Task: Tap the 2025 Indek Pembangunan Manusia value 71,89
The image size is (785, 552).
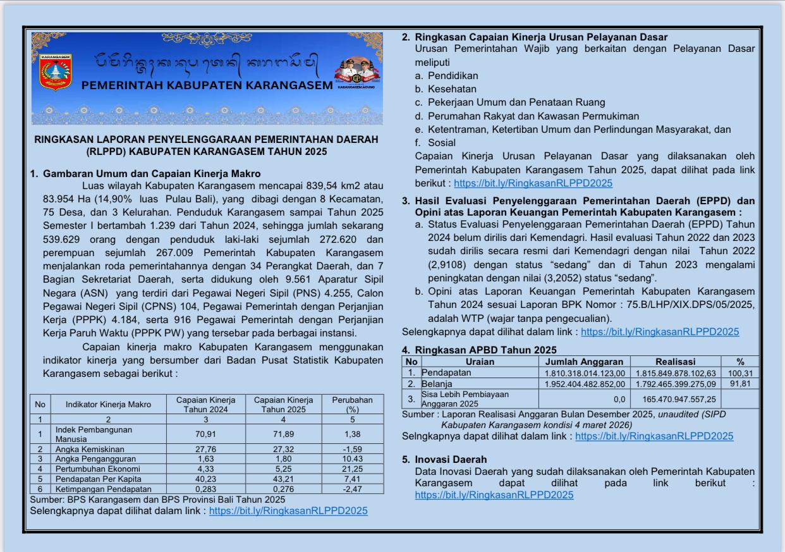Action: (x=283, y=434)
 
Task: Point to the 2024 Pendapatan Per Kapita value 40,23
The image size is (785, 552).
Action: (x=205, y=479)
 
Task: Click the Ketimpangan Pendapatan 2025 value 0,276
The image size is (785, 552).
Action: (x=283, y=489)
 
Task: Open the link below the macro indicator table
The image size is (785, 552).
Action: (x=288, y=510)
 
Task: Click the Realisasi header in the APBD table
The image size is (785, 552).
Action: (x=675, y=362)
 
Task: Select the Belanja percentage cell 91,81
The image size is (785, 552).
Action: (x=739, y=383)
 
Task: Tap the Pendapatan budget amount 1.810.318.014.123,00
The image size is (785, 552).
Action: (x=585, y=373)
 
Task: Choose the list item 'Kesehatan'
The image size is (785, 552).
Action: (x=452, y=89)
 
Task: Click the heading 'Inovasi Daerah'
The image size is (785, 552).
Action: (x=451, y=459)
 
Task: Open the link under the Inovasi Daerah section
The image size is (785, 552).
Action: (x=494, y=495)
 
